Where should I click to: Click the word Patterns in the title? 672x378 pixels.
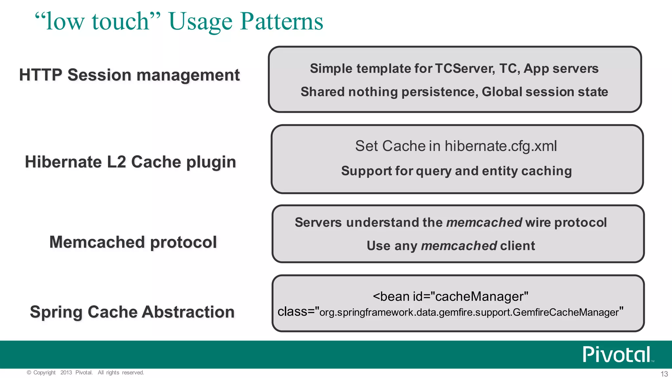282,22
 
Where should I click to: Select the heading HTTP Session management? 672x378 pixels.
129,75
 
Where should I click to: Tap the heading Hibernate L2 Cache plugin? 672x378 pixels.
130,162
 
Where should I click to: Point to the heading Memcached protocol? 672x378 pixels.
133,242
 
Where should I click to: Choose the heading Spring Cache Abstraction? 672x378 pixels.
132,312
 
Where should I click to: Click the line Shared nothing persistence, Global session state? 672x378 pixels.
454,92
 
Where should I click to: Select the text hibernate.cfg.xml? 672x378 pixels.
501,146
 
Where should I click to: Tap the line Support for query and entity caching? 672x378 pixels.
456,171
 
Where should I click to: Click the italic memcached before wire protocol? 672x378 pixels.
484,222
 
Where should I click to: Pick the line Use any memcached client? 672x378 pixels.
451,246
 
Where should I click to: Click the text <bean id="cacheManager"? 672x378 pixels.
450,297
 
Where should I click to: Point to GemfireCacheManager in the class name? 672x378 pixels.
566,312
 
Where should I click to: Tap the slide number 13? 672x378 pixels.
664,374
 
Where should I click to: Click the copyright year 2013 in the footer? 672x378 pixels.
66,372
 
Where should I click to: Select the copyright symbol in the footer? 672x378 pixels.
29,372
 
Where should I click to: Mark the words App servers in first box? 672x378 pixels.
561,69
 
